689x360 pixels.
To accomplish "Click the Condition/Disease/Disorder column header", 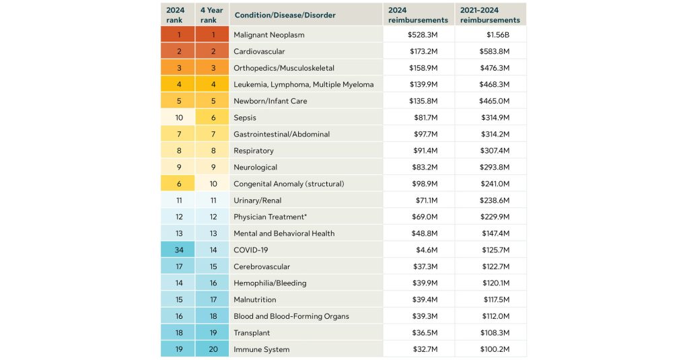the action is (x=285, y=15).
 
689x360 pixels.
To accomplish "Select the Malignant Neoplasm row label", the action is (x=269, y=35).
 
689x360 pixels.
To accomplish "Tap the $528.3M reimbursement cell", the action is (x=423, y=35).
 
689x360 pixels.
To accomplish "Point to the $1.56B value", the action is (x=498, y=35).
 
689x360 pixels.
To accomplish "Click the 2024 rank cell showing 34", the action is (x=179, y=250).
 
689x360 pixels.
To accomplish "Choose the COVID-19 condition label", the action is (x=250, y=250).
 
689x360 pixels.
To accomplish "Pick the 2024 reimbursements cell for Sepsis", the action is (x=426, y=117).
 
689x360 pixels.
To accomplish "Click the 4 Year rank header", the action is (x=212, y=15).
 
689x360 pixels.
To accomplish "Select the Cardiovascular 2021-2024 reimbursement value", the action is (x=495, y=51).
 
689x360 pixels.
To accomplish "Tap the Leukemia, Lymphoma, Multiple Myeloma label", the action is (x=303, y=84).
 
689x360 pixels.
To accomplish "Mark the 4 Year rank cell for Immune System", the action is (x=213, y=349).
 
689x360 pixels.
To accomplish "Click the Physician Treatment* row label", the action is (x=270, y=217).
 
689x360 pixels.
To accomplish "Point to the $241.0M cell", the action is (x=495, y=184).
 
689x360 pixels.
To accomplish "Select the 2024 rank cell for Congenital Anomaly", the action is (x=179, y=184).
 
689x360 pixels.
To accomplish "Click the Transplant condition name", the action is (x=252, y=332).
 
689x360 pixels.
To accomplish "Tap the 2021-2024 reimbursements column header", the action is (x=490, y=15).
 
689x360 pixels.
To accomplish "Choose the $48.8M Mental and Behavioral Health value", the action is (x=425, y=233).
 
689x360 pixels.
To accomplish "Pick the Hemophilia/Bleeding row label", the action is (x=270, y=283).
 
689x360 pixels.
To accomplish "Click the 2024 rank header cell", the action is (x=176, y=15).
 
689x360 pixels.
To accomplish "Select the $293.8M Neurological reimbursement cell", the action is (x=495, y=167).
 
